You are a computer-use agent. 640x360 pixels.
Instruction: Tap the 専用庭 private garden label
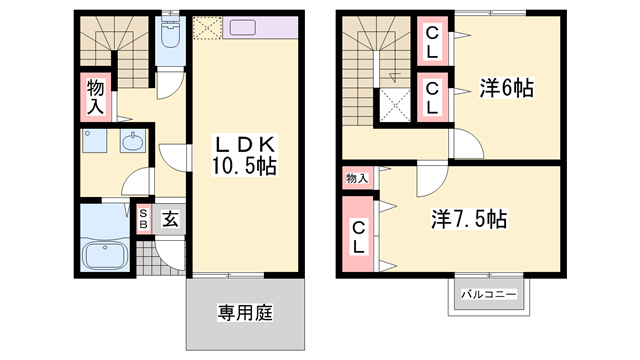coord(245,312)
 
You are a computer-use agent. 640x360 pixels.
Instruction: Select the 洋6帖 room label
coord(505,89)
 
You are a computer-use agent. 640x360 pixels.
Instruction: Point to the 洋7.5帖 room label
coord(469,218)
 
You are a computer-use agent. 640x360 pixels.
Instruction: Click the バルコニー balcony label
coord(488,296)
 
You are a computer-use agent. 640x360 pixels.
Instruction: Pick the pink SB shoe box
coord(145,218)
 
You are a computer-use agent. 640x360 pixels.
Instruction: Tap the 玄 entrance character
coord(170,218)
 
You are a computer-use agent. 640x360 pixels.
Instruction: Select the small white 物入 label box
coord(357,178)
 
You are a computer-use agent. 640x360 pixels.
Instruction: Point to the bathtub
coord(104,253)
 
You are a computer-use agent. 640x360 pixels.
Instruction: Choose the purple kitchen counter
coord(262,28)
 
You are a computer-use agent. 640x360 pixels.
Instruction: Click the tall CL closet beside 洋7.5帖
coord(358,237)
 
